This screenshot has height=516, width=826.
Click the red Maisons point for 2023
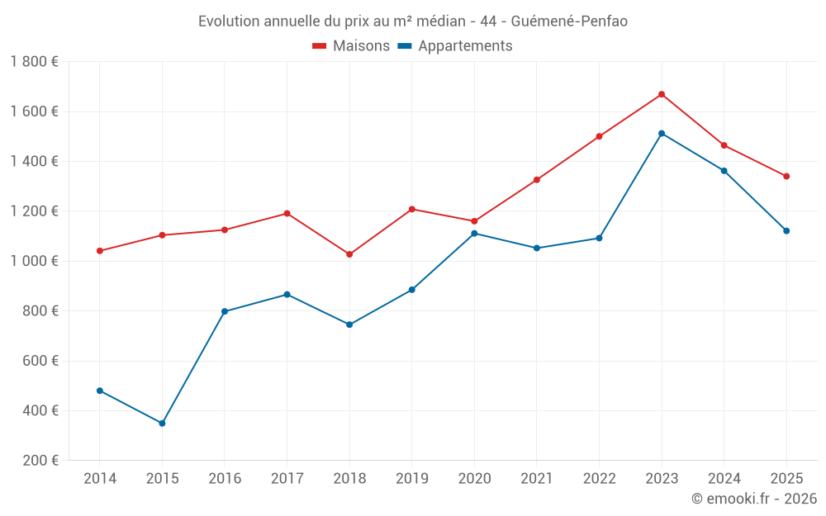[x=662, y=94]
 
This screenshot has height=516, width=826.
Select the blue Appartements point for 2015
[x=162, y=424]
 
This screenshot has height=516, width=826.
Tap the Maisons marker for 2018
[x=349, y=254]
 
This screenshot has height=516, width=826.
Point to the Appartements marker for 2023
[x=662, y=134]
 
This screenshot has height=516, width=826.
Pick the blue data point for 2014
[x=100, y=391]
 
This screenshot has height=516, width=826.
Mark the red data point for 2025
[x=786, y=176]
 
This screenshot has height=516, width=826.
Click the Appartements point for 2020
[x=474, y=234]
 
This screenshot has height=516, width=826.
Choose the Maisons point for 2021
[x=537, y=180]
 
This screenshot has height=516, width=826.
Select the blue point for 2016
[x=225, y=311]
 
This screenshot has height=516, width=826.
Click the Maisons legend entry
[x=351, y=46]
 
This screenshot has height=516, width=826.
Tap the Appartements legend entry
[x=455, y=46]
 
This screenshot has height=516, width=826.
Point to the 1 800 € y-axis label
[x=34, y=62]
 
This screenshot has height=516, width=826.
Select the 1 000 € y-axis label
[x=34, y=261]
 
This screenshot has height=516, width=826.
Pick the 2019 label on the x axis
[x=412, y=478]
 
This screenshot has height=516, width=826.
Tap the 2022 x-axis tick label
[x=600, y=478]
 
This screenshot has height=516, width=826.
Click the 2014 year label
[x=100, y=478]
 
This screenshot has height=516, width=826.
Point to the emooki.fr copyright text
[x=753, y=499]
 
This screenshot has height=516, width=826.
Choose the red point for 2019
[x=412, y=209]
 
